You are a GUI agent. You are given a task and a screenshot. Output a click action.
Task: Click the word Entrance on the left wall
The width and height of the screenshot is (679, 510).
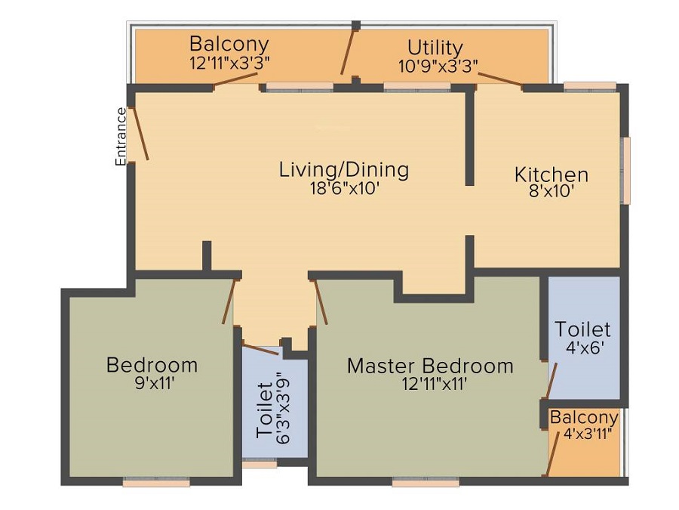click(x=121, y=137)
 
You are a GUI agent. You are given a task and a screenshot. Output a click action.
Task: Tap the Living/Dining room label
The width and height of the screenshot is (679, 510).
click(x=343, y=169)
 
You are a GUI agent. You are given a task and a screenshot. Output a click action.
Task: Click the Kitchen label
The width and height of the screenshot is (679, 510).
click(x=551, y=175)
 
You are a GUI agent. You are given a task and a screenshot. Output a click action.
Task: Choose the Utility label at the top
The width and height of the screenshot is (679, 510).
click(x=435, y=48)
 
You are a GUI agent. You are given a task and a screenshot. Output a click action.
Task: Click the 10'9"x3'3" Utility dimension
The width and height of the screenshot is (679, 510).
click(x=438, y=66)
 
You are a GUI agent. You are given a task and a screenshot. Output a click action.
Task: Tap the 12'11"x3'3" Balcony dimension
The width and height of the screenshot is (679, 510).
click(x=229, y=62)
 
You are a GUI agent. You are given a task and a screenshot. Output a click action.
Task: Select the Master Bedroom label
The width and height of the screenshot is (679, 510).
click(x=429, y=366)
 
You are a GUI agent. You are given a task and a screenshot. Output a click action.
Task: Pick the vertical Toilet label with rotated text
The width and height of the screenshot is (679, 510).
click(x=264, y=410)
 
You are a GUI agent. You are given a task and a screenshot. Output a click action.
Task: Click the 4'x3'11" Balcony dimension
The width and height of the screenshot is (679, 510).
click(x=587, y=434)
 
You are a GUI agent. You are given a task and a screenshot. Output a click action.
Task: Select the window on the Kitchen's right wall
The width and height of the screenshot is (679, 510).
click(x=625, y=170)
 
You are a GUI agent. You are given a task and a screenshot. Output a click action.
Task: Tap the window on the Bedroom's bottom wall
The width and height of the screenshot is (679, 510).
click(x=156, y=482)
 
